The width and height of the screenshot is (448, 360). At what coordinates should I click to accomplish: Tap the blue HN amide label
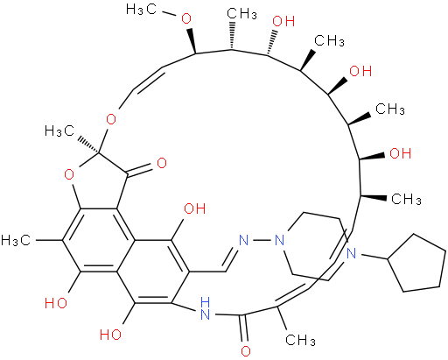(x=205, y=308)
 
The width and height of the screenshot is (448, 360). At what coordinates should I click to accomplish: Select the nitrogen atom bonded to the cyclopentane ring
(x=352, y=253)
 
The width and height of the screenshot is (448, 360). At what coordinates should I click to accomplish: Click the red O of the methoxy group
(x=186, y=18)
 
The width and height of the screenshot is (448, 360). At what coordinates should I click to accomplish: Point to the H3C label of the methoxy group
(x=141, y=10)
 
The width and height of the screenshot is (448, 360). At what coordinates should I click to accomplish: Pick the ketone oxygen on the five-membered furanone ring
(x=162, y=163)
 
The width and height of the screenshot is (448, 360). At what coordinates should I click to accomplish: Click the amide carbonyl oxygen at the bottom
(x=246, y=351)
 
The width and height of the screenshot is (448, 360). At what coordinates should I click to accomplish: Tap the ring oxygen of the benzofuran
(x=69, y=175)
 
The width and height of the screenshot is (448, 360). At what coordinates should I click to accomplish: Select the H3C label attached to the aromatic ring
(x=16, y=240)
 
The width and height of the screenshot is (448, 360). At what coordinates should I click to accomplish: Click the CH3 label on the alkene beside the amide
(x=300, y=340)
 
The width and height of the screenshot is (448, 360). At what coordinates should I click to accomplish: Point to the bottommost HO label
(x=110, y=334)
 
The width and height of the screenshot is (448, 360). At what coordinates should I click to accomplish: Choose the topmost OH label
(x=283, y=21)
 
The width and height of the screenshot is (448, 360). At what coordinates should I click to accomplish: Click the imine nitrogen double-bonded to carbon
(x=243, y=241)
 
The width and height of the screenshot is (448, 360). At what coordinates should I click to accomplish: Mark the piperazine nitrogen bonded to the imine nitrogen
(x=279, y=241)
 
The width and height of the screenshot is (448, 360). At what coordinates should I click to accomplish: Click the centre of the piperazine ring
(x=316, y=247)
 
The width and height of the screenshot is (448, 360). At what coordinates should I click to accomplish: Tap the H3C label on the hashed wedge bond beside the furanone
(x=59, y=131)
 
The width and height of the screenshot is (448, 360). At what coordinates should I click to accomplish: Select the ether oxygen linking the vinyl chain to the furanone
(x=111, y=119)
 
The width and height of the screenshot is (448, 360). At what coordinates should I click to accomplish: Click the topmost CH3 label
(x=241, y=13)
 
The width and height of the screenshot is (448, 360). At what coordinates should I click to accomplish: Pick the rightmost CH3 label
(x=406, y=200)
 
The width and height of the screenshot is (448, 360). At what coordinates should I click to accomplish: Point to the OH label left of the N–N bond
(x=195, y=208)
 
